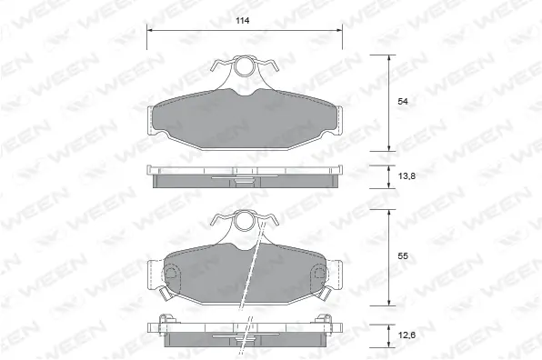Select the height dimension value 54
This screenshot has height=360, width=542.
point(403,103)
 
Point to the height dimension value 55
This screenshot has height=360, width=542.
point(403,257)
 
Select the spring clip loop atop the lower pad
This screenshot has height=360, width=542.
point(245,222)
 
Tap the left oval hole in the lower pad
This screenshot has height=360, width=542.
point(173,274)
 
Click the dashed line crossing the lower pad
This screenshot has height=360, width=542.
point(251,273)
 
